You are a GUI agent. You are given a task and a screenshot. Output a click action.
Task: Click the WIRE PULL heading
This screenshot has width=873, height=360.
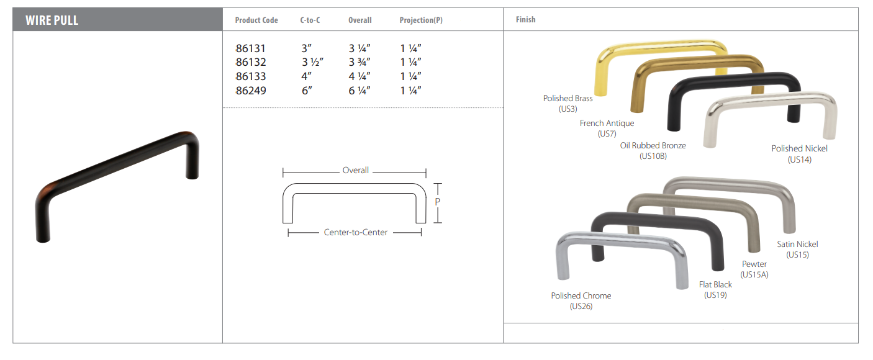[52, 20]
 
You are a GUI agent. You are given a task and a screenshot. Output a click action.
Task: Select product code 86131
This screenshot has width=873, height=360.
[251, 48]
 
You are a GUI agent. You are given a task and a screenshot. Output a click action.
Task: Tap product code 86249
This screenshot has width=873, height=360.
[251, 91]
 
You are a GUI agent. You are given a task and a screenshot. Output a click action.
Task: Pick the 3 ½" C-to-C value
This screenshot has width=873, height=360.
[312, 62]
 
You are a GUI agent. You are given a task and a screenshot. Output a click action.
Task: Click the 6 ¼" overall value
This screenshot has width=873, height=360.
[360, 91]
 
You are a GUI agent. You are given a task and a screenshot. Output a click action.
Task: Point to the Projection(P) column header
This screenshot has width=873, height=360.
[421, 20]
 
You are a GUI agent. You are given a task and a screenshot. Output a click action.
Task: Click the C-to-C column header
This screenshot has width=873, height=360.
[310, 20]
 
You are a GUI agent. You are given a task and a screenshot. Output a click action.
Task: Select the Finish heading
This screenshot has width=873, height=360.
[525, 19]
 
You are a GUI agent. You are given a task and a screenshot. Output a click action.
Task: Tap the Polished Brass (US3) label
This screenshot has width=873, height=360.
[568, 103]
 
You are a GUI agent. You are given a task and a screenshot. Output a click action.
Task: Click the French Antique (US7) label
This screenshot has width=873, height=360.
[607, 128]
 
